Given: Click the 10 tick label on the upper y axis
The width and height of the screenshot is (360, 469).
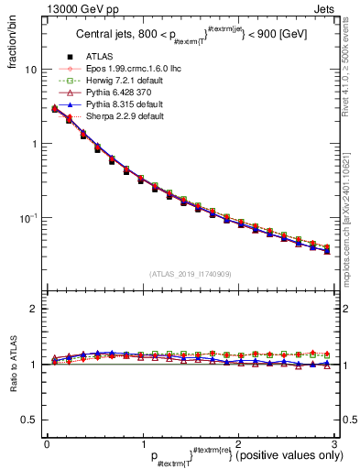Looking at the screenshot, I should tap(30, 70).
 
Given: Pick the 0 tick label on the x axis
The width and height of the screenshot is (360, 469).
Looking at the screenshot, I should tap(47, 444).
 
